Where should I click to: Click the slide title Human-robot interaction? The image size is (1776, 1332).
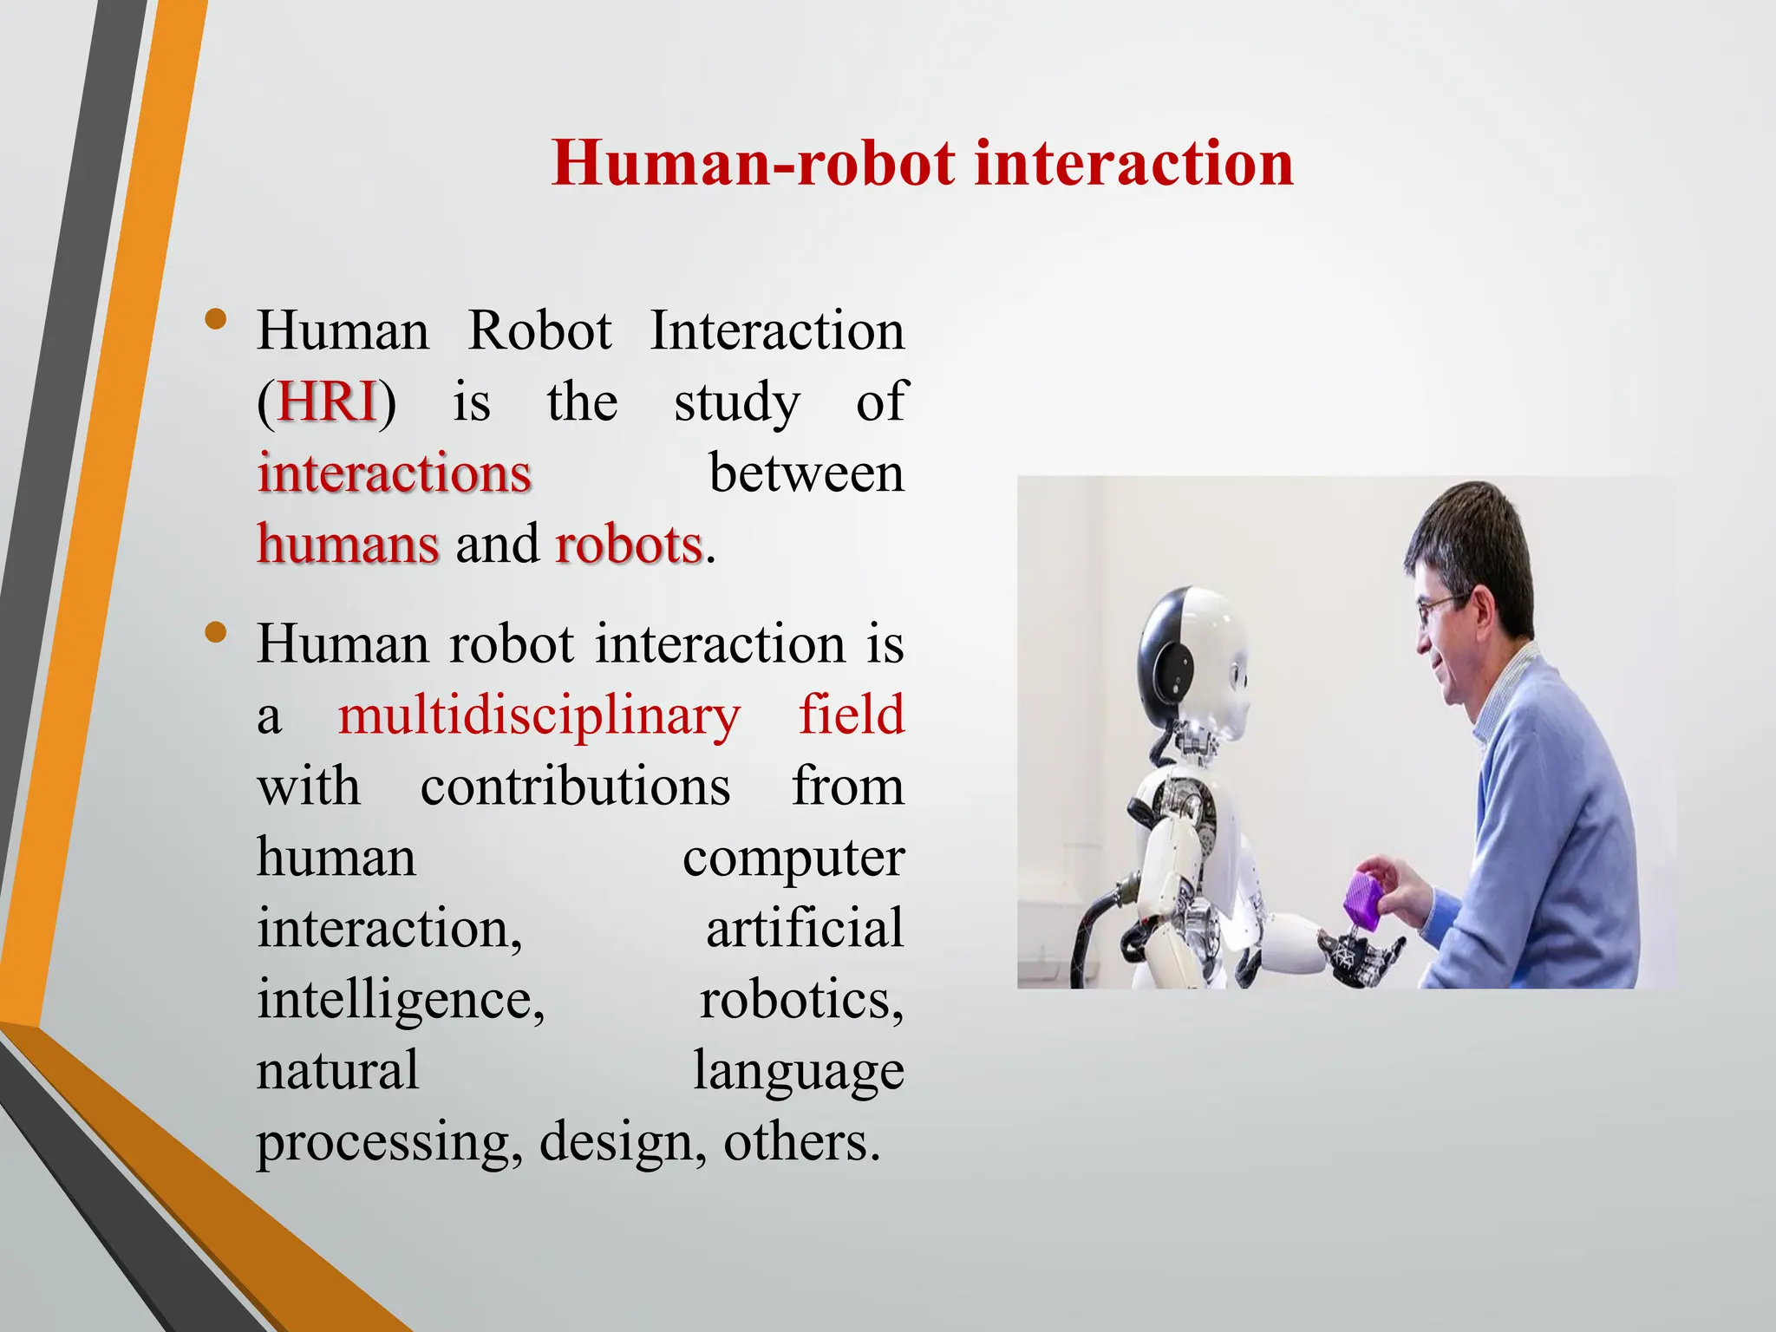pos(922,163)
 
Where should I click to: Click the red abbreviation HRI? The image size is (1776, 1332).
pos(327,402)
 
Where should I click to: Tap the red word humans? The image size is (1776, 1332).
pos(348,545)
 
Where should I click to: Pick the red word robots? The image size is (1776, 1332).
pos(628,545)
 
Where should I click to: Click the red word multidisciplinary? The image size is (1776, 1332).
pos(539,715)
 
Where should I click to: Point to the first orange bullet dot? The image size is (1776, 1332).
pos(216,321)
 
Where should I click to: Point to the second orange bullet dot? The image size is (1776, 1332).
pos(216,634)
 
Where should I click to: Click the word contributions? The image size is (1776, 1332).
pos(575,787)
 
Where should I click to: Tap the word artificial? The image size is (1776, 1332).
pos(805,928)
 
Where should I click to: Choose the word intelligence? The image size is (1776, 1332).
pos(400,1000)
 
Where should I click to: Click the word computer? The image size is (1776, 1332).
pos(793,858)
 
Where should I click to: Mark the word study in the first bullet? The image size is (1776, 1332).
pos(736,403)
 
